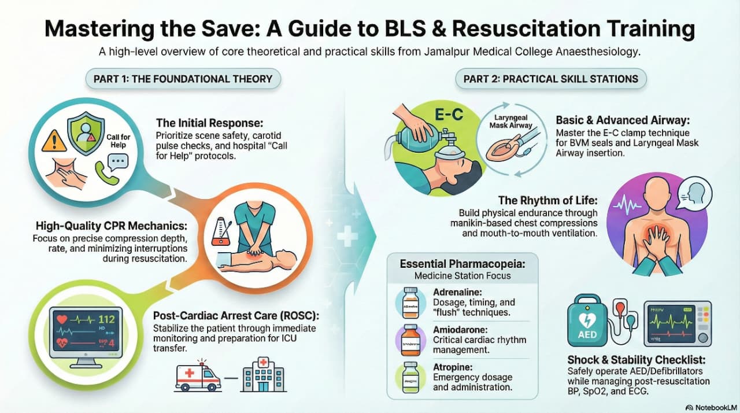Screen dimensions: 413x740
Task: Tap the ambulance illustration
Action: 198,377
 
